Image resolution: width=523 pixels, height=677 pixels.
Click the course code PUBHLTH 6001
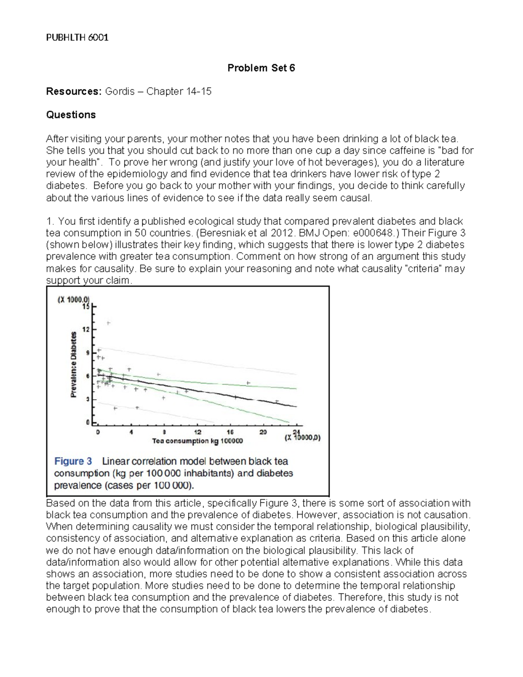click(x=77, y=37)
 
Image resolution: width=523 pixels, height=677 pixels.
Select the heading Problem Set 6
click(x=261, y=68)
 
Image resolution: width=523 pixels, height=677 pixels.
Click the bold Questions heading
click(x=71, y=115)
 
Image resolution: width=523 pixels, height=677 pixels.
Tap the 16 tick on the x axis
click(x=231, y=432)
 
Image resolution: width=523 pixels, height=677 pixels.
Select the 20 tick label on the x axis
click(x=263, y=432)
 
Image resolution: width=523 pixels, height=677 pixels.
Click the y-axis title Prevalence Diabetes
click(x=74, y=364)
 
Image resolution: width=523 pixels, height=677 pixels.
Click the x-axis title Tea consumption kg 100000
click(x=197, y=441)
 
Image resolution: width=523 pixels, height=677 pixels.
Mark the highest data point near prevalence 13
click(x=109, y=323)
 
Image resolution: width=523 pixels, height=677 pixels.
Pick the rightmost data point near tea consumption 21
click(x=277, y=401)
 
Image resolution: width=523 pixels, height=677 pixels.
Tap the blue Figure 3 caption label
click(x=73, y=461)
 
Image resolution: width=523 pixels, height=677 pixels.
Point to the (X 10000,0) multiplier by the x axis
click(x=302, y=438)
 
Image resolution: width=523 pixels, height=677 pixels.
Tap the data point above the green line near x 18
click(x=248, y=383)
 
